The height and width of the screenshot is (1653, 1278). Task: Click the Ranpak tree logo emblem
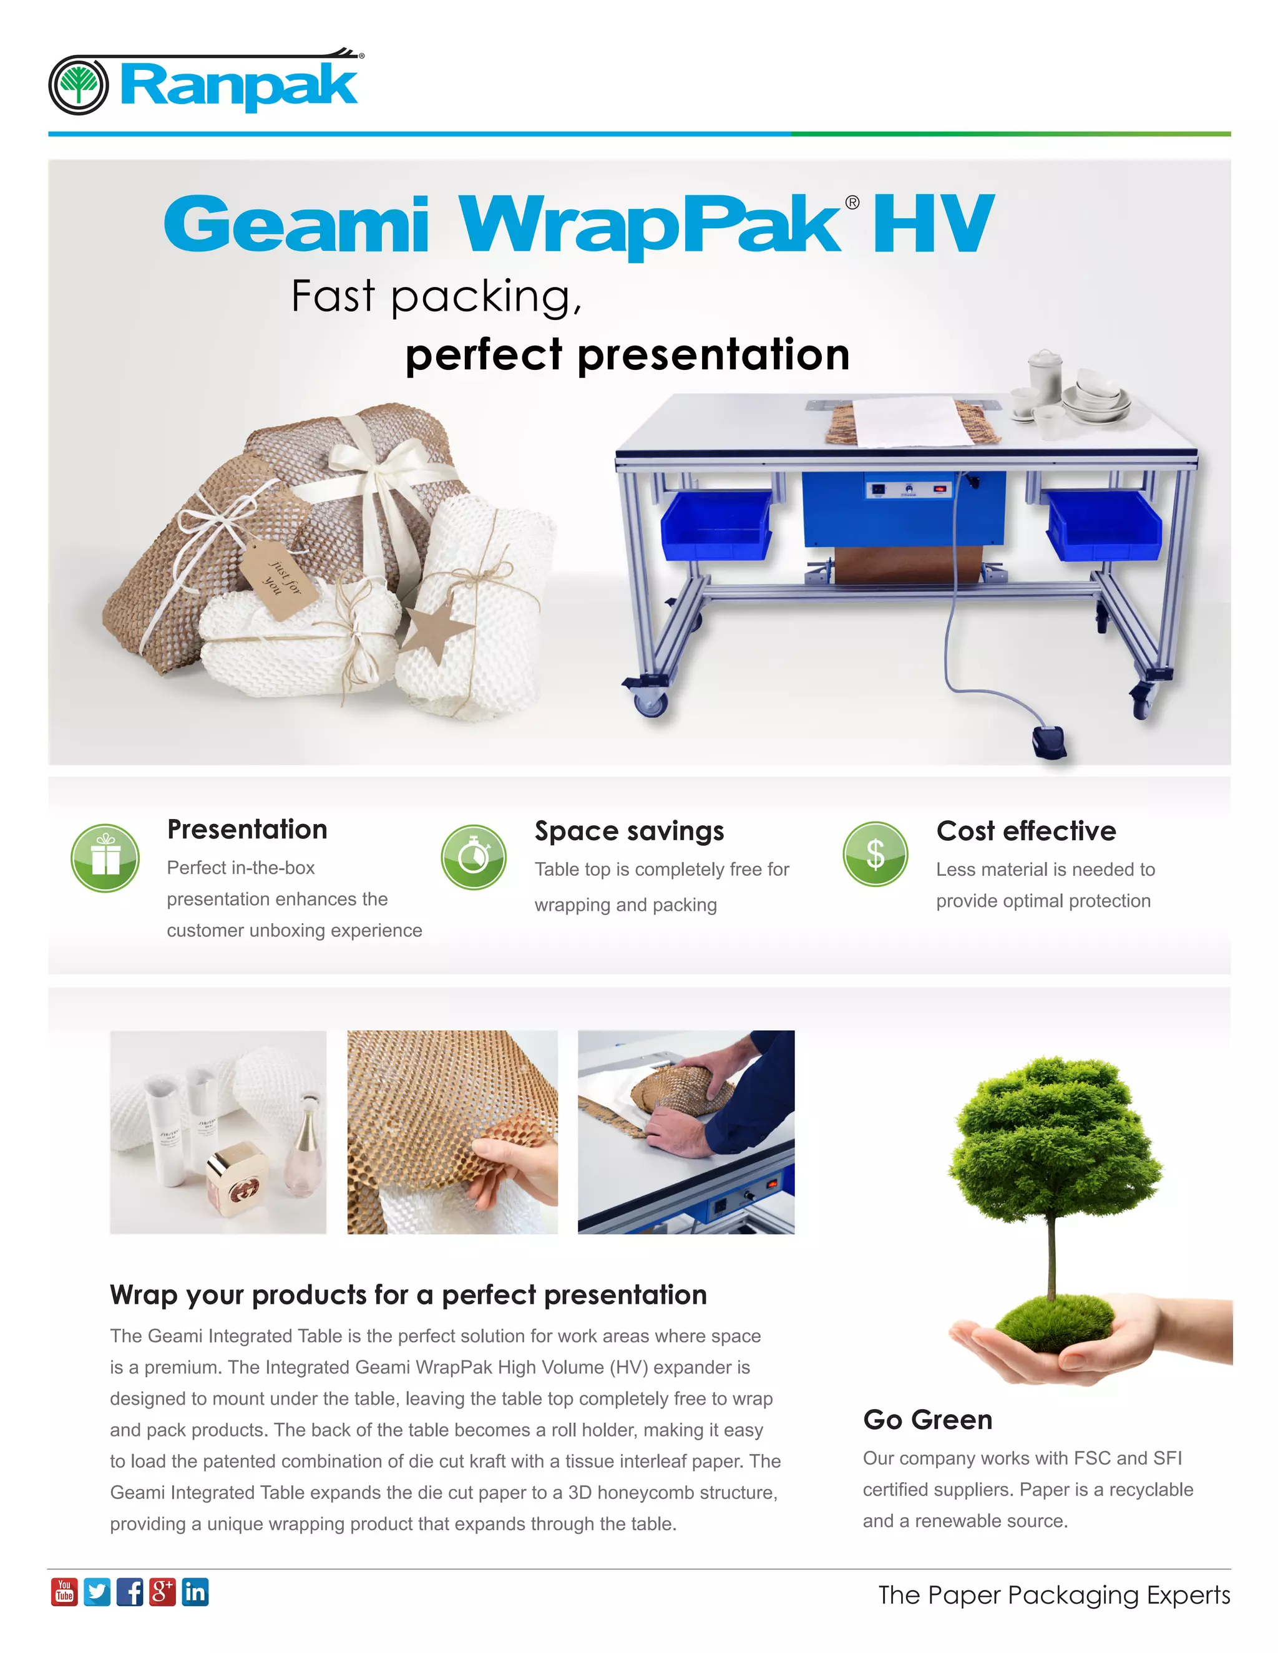pos(78,85)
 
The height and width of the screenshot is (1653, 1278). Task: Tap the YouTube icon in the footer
pos(64,1592)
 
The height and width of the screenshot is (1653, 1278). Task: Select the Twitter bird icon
pos(97,1592)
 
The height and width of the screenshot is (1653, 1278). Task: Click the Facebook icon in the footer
pos(129,1592)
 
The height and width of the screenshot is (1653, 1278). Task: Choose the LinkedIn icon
pos(195,1592)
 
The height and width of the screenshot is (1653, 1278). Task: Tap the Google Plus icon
pos(162,1592)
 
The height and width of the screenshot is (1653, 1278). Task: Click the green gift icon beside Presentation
pos(105,858)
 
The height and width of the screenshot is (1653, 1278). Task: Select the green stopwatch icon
pos(474,857)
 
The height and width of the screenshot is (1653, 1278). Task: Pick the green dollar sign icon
pos(876,854)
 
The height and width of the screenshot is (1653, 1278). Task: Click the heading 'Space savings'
pos(629,831)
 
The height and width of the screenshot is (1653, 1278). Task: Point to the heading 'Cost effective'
pos(1026,831)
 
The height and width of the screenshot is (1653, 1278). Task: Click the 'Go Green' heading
pos(927,1420)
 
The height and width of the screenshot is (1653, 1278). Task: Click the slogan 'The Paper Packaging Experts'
pos(1054,1595)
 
